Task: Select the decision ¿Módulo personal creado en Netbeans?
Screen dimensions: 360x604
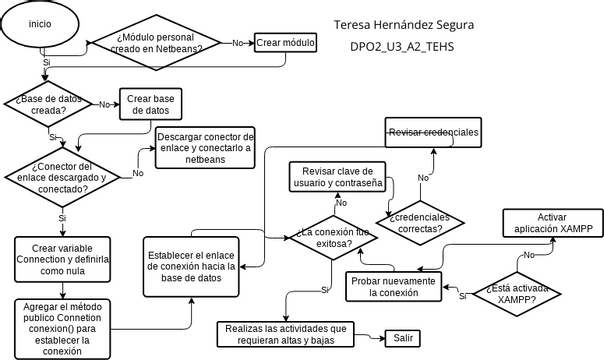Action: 159,43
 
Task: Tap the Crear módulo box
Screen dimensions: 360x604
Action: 285,43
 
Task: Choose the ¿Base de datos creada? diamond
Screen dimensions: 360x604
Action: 49,104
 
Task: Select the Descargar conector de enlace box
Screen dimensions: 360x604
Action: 205,147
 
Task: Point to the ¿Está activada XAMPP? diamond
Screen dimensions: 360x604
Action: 518,292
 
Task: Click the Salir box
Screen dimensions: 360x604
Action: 403,338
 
